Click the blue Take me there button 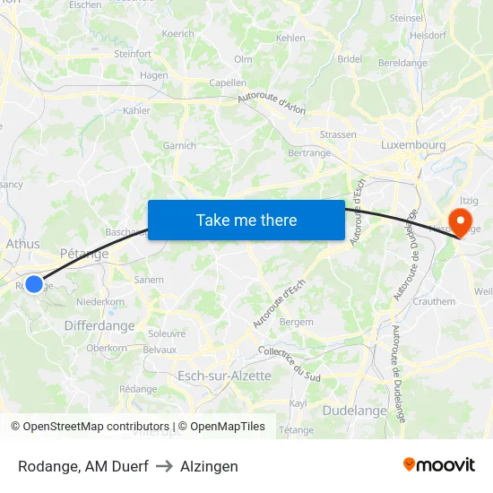(246, 220)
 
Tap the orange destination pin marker (460, 221)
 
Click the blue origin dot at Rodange (34, 284)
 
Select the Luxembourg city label (413, 144)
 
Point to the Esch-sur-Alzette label (224, 376)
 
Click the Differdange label (99, 326)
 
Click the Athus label (22, 243)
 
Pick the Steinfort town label (133, 54)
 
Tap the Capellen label (227, 82)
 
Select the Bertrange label (309, 153)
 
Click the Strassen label (338, 134)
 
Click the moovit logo (439, 464)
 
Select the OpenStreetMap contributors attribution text (90, 427)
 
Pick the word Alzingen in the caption (209, 466)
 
